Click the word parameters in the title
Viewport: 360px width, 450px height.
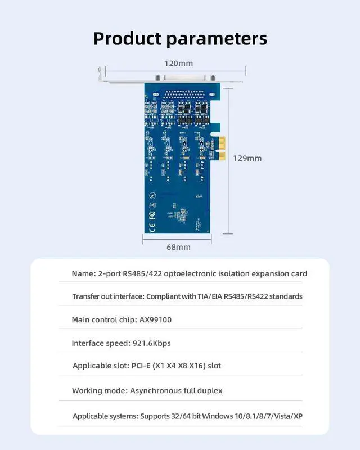(216, 38)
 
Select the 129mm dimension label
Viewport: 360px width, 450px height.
(247, 158)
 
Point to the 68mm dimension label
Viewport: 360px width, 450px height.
(178, 247)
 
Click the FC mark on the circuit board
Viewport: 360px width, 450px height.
(152, 214)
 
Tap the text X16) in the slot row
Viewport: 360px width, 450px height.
(196, 366)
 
